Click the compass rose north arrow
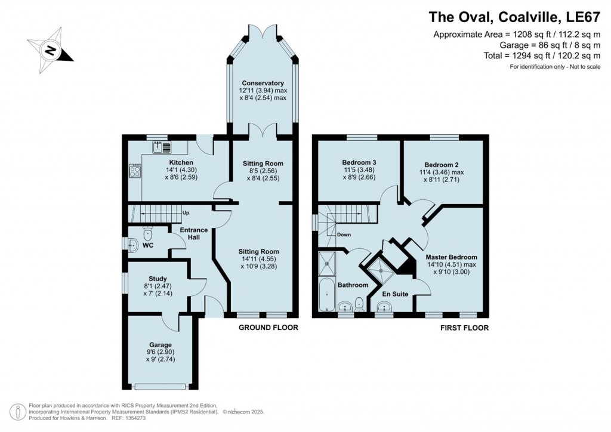(x=50, y=50)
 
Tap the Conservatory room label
(x=263, y=83)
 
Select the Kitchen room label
(x=181, y=162)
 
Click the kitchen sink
(x=162, y=147)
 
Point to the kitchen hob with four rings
(x=135, y=171)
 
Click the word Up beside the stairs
(x=186, y=213)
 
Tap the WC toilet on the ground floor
(x=148, y=234)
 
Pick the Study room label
(x=158, y=279)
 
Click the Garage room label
(x=160, y=345)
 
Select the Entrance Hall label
(x=194, y=233)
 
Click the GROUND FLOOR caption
(x=268, y=328)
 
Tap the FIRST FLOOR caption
(x=464, y=328)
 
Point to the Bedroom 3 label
(x=359, y=162)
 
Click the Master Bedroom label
(x=451, y=257)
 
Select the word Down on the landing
(x=344, y=234)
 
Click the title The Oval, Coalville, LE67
(x=514, y=17)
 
